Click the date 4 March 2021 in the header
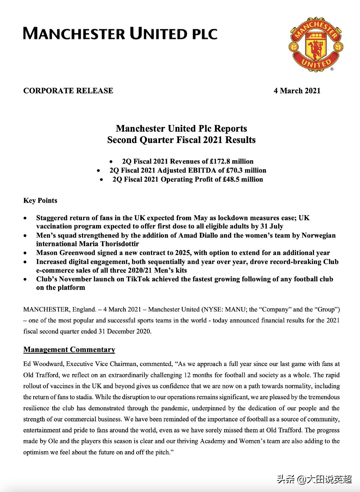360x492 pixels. (x=297, y=91)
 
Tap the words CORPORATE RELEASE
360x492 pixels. (x=68, y=91)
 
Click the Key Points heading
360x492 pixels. (x=40, y=201)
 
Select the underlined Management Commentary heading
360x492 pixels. (x=69, y=350)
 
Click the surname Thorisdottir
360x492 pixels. (x=118, y=244)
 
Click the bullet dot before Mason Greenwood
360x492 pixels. (x=25, y=253)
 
